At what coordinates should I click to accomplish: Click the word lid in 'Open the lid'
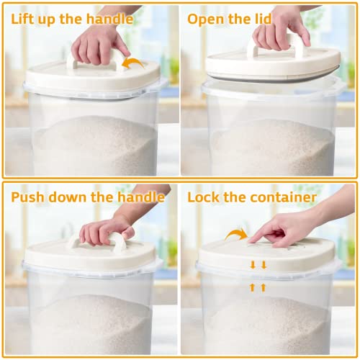[x=261, y=19]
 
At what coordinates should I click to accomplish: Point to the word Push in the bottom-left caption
[x=29, y=197]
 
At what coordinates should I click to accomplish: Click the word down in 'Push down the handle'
[x=73, y=197]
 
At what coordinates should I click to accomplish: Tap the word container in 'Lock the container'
[x=287, y=197]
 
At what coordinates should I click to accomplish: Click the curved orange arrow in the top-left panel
[x=134, y=64]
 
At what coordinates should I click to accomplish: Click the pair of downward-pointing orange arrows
[x=258, y=266]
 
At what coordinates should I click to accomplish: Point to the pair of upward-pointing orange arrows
[x=258, y=287]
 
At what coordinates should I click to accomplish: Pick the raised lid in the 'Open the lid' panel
[x=270, y=65]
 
